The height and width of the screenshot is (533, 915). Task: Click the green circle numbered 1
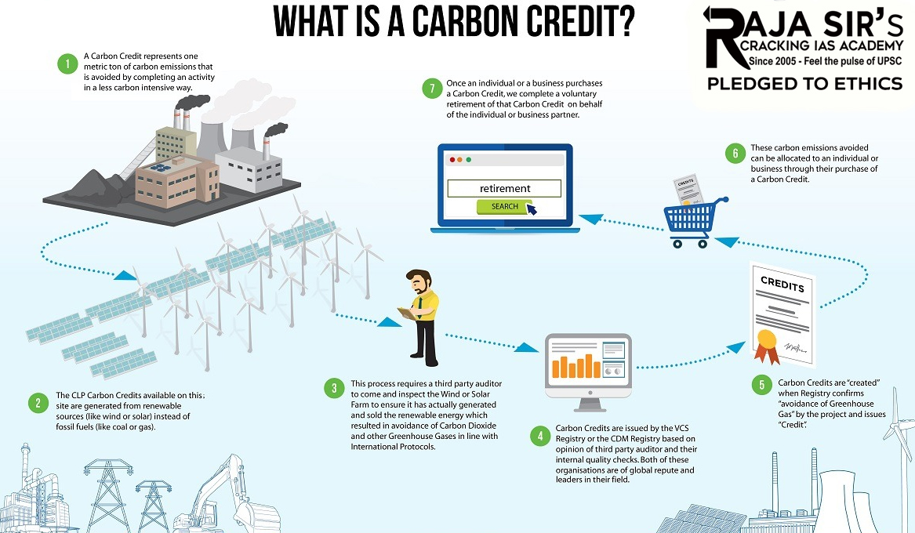pyautogui.click(x=68, y=63)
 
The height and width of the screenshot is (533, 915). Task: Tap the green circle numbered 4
pyautogui.click(x=539, y=435)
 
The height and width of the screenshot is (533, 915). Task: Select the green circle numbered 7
pyautogui.click(x=429, y=89)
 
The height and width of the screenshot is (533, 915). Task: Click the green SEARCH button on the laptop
pyautogui.click(x=504, y=207)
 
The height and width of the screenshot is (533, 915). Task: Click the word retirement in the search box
pyautogui.click(x=504, y=188)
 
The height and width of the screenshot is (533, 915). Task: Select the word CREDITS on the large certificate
pyautogui.click(x=782, y=284)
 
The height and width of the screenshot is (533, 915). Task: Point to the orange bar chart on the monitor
pyautogui.click(x=575, y=366)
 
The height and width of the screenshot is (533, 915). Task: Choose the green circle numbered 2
pyautogui.click(x=37, y=404)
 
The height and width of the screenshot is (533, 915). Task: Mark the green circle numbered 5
pyautogui.click(x=759, y=385)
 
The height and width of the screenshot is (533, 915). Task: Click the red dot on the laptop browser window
pyautogui.click(x=451, y=160)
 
